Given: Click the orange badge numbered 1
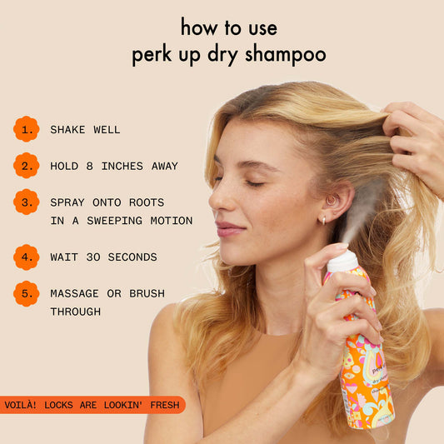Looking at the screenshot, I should pos(26,129).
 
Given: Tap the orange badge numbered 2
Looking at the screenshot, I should pos(26,166).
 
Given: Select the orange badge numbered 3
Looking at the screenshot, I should pos(26,202).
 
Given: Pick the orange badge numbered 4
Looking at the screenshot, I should pos(26,257).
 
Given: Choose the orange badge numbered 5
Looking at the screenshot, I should pos(26,294).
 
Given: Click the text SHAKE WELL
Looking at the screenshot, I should pos(85,130).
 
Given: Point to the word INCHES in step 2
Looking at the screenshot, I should pos(124,167).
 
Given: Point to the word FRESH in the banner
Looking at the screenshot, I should pos(162,405).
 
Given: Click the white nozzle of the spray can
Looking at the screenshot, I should pos(342,262).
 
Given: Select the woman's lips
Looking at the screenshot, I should pos(228,227).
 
